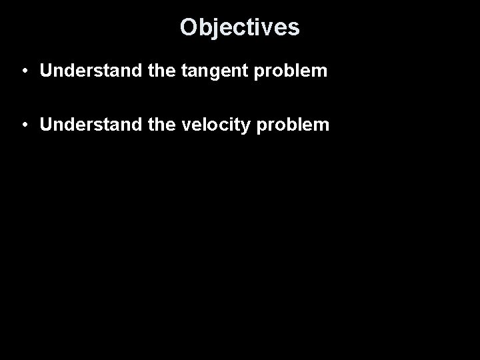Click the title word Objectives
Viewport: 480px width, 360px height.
click(239, 27)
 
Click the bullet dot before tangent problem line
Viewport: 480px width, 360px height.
click(23, 71)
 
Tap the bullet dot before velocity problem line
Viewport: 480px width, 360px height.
click(23, 125)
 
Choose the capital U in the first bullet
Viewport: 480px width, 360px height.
click(46, 71)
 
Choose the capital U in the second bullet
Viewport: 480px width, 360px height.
click(46, 125)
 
